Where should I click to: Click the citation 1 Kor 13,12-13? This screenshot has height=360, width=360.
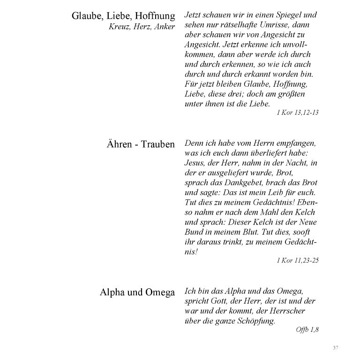pyautogui.click(x=298, y=112)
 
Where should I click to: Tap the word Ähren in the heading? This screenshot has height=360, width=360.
pyautogui.click(x=119, y=144)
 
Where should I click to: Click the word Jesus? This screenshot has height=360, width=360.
pyautogui.click(x=196, y=163)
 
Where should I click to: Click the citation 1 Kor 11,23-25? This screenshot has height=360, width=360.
pyautogui.click(x=298, y=260)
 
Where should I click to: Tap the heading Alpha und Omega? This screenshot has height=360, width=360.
pyautogui.click(x=137, y=292)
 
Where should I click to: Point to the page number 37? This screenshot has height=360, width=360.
pyautogui.click(x=335, y=347)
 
